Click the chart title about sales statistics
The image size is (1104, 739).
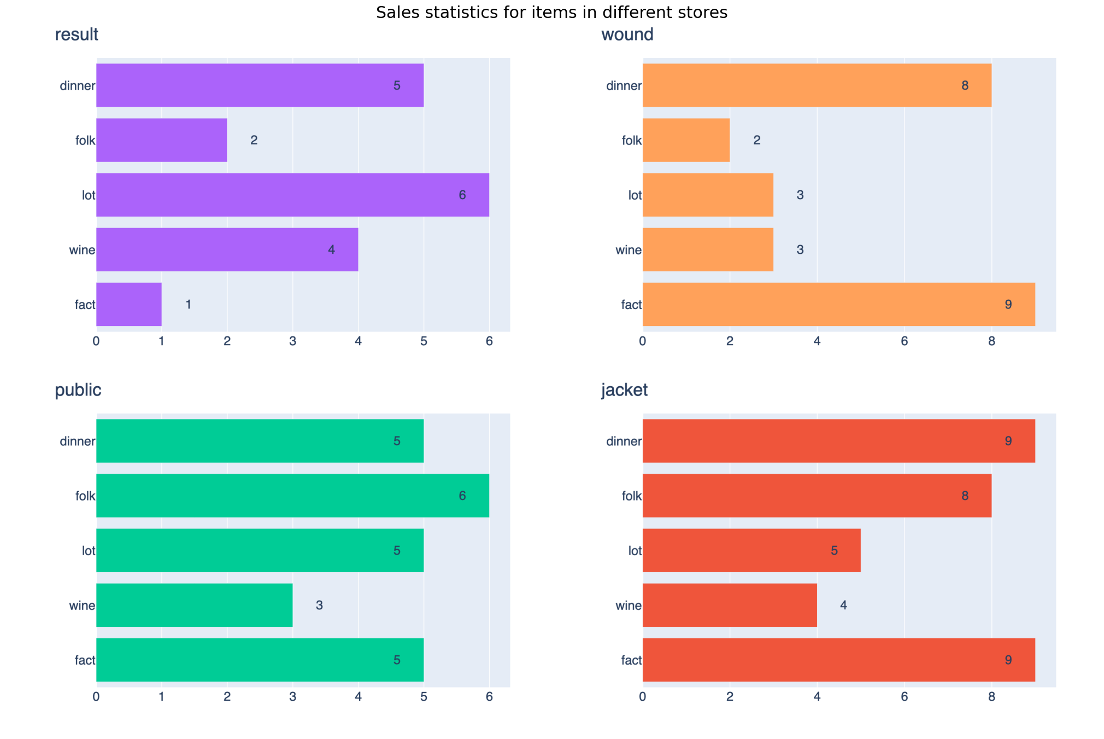pos(551,13)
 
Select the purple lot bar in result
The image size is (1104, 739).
pos(292,195)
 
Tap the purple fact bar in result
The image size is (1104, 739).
pos(129,304)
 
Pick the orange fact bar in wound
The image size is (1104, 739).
pos(838,304)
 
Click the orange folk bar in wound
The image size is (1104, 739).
pos(686,140)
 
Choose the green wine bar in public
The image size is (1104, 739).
pos(194,605)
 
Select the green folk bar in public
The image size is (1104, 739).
pos(292,496)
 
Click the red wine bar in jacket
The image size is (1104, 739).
pos(730,605)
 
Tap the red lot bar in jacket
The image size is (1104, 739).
pos(751,550)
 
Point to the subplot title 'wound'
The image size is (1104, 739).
pos(627,34)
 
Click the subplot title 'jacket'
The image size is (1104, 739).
pos(624,390)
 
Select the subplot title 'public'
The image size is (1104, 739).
pos(78,390)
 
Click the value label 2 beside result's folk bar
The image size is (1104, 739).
pos(254,140)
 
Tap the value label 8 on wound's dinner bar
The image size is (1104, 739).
pos(965,85)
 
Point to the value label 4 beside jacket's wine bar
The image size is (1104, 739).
pos(843,605)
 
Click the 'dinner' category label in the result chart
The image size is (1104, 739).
pos(78,86)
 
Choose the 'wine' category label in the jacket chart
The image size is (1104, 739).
pos(629,606)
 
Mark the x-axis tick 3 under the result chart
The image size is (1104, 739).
pos(292,342)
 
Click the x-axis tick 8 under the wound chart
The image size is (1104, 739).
pos(991,342)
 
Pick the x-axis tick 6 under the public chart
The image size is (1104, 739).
pos(489,697)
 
